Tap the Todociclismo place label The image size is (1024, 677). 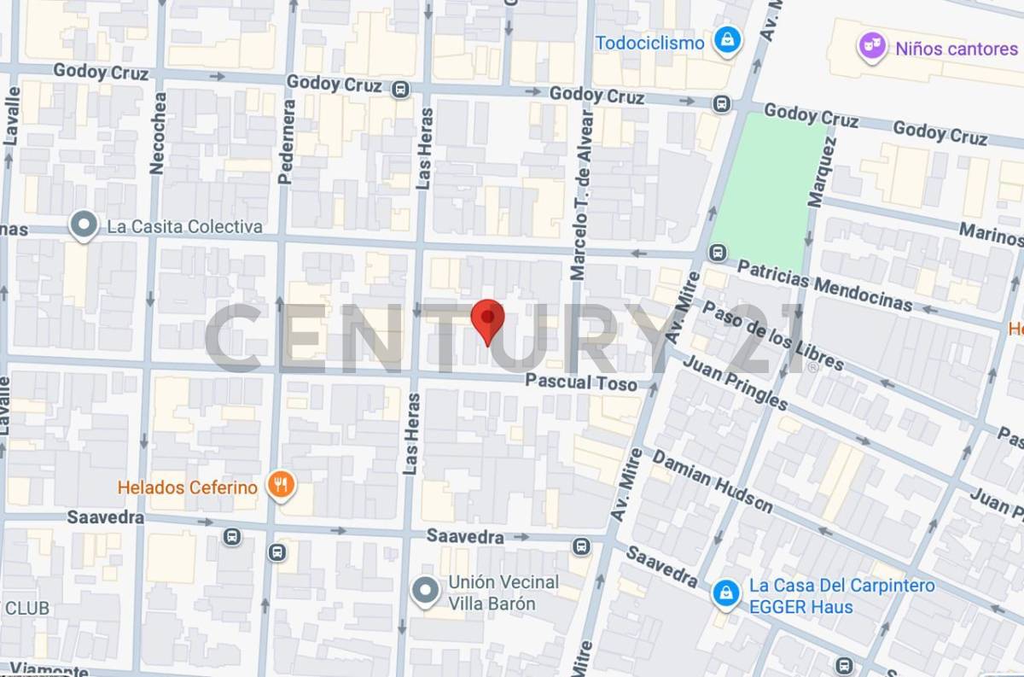tap(650, 43)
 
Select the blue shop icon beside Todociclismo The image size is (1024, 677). tap(727, 40)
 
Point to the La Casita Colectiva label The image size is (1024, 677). tap(184, 227)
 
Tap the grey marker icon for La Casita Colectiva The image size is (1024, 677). tap(84, 225)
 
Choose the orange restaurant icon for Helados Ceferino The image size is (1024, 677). tap(279, 486)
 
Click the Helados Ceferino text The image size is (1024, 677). tap(188, 487)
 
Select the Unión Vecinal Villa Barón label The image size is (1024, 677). tap(503, 592)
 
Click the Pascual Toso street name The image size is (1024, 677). tap(581, 382)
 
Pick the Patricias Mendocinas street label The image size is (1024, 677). tap(824, 286)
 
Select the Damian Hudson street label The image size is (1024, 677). tap(713, 481)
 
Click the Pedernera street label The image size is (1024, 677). tap(288, 142)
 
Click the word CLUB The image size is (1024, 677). tap(27, 609)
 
